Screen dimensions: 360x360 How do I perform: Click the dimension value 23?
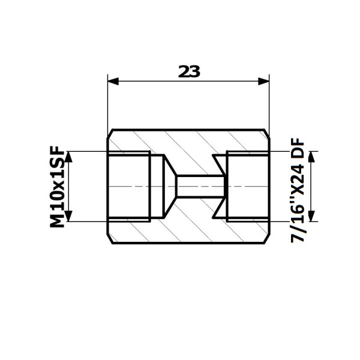pos(189,71)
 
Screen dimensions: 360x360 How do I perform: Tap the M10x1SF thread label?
pos(57,187)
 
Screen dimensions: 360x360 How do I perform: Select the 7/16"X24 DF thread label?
pos(298,190)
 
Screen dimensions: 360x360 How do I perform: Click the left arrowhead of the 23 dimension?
pos(113,81)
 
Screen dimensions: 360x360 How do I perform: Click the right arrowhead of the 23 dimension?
pos(263,81)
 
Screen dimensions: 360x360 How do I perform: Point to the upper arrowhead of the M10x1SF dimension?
pos(68,157)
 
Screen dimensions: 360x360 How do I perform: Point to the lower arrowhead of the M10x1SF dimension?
pos(68,216)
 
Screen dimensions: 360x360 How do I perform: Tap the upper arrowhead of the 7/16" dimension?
pos(311,157)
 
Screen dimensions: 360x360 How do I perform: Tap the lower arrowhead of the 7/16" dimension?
pos(311,216)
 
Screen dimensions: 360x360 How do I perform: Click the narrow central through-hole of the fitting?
pos(200,186)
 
